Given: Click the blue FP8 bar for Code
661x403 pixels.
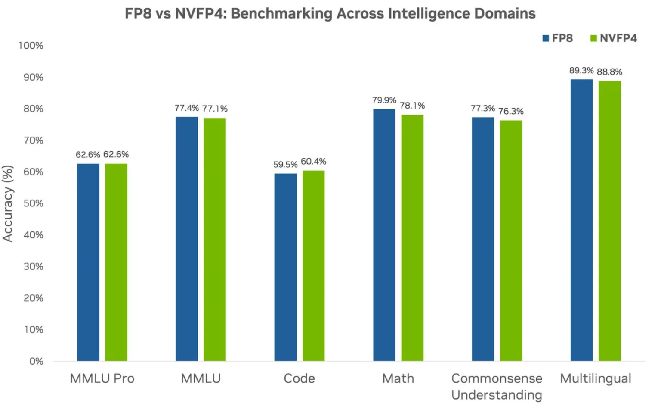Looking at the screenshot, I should (x=285, y=267).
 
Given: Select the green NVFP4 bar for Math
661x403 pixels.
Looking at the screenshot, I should (x=412, y=237).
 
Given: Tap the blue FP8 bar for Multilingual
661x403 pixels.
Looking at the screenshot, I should (x=581, y=220).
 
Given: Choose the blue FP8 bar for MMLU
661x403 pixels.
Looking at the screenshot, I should (x=187, y=239).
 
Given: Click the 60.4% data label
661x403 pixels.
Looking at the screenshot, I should (x=313, y=162).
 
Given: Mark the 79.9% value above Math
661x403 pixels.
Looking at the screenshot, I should (x=384, y=100).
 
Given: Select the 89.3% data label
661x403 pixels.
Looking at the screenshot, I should (x=581, y=71).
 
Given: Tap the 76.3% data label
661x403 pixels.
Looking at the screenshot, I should (x=511, y=112).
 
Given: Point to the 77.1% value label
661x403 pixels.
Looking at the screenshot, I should (x=215, y=109).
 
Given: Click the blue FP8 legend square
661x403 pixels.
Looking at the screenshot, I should (x=546, y=39).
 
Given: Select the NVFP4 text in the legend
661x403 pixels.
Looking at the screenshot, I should (x=618, y=38).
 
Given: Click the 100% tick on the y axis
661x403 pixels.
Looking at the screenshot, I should (x=31, y=46).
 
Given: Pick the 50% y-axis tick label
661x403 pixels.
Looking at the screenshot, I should (x=33, y=203).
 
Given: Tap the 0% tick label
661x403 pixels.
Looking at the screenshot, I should (x=36, y=361).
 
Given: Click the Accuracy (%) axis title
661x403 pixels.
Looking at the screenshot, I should (x=8, y=203).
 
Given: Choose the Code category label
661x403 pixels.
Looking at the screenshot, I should (x=299, y=378).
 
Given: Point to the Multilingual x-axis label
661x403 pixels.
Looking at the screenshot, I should (x=596, y=378).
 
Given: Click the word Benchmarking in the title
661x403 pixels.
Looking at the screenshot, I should (x=281, y=14).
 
